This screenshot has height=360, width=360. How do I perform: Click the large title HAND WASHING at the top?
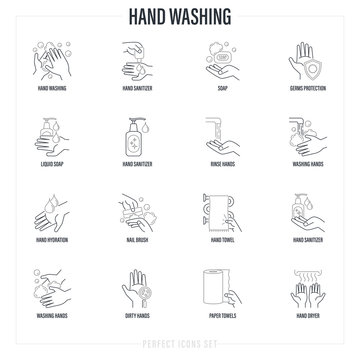click(180, 16)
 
